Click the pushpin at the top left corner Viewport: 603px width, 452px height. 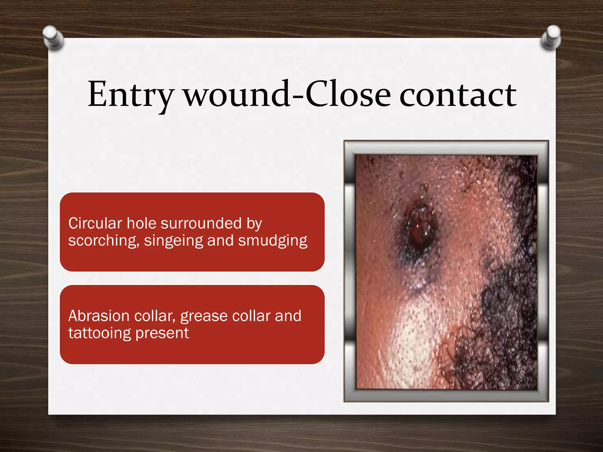[53, 38]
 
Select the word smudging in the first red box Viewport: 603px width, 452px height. [273, 241]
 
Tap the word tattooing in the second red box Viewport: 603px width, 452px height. [100, 333]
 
